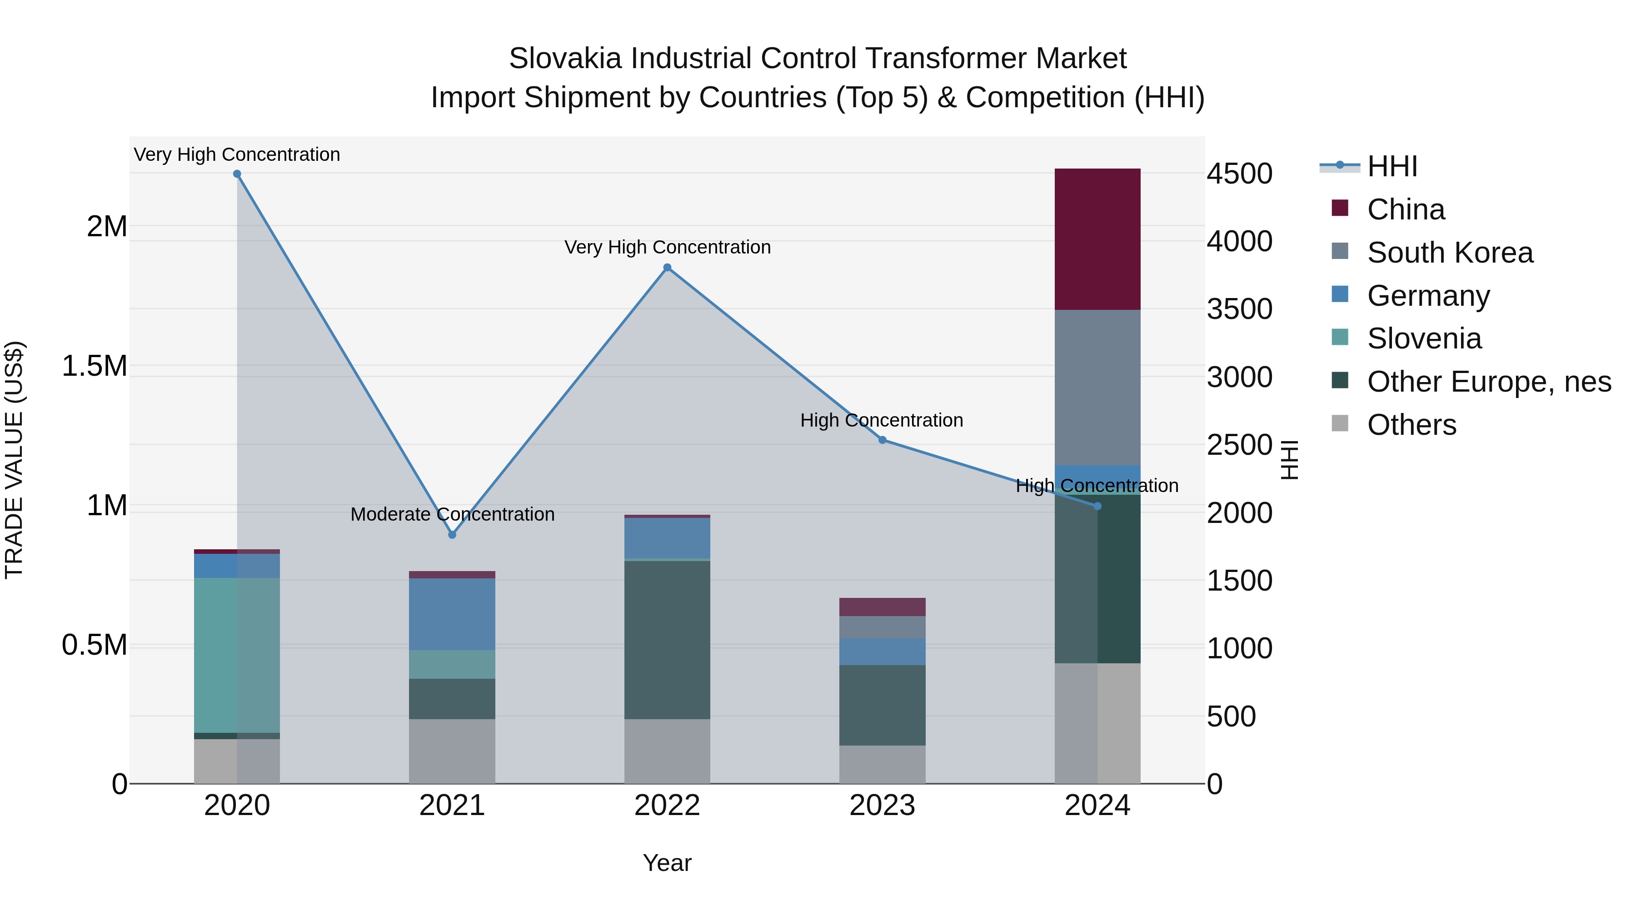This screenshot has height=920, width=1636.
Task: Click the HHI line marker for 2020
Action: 237,174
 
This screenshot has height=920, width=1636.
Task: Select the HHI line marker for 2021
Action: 452,535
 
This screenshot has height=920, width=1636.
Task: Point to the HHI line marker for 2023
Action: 882,440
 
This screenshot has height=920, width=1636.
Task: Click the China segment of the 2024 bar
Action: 1097,239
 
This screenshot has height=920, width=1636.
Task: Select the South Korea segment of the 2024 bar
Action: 1097,387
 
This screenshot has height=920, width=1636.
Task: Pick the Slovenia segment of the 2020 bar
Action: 237,655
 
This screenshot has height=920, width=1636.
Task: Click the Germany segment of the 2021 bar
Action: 452,614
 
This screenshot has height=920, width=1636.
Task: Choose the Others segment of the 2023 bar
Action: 882,765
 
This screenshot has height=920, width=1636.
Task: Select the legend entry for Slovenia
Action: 1424,338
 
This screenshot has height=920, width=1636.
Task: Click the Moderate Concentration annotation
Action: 452,514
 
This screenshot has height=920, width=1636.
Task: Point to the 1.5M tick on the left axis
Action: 94,366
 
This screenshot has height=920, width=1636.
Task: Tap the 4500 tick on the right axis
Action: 1239,174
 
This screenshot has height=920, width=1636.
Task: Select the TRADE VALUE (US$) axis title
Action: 14,460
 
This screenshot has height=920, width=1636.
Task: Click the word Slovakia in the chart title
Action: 567,59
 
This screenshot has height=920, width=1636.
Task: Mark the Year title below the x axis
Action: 667,863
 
